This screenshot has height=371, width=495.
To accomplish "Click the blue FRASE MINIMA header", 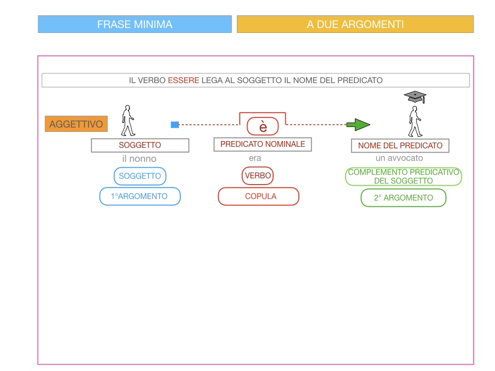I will [135, 24].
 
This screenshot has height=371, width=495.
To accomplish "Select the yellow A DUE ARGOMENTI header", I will [355, 24].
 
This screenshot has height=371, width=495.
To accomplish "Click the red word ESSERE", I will [183, 80].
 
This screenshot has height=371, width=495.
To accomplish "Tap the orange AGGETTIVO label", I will [76, 124].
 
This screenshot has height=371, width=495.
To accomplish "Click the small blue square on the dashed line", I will [175, 125].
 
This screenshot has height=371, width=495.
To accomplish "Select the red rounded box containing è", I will [263, 127].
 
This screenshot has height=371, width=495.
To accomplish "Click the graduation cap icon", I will [415, 97].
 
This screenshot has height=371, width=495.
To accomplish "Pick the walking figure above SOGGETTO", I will [128, 121].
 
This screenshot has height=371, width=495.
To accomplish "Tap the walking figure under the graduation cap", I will [415, 122].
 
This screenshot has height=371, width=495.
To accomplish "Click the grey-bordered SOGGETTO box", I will [140, 145].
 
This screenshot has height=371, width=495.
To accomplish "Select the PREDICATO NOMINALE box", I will [262, 144].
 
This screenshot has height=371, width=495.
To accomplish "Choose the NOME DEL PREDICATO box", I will [400, 145].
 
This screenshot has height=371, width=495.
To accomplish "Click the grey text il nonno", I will [139, 158].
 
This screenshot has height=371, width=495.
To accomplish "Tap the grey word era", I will [255, 158].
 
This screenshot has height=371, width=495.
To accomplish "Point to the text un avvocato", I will [399, 158].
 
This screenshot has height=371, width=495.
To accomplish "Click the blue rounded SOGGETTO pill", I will [140, 176].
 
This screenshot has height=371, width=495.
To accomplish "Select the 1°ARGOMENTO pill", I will [140, 196].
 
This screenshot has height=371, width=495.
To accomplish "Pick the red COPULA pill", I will [259, 196].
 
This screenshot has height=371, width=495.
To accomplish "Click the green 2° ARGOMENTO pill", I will [403, 198].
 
